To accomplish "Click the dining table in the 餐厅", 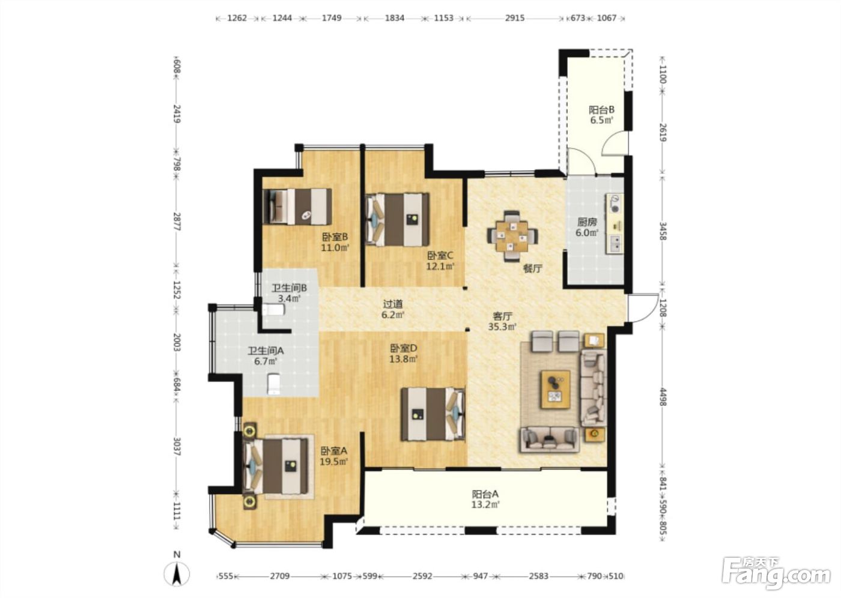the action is click(512, 236).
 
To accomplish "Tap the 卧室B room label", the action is click(335, 237).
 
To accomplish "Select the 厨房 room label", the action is click(587, 222).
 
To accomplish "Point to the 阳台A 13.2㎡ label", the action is click(485, 500).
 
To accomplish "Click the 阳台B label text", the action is click(601, 110).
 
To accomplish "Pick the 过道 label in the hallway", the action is click(393, 304).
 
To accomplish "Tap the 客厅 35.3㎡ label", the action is click(502, 321).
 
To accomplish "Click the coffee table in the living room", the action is click(555, 390).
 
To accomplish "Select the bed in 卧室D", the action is click(433, 414).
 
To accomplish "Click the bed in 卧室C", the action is click(398, 220).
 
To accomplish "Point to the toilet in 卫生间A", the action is click(274, 384).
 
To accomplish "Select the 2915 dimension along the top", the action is click(514, 18).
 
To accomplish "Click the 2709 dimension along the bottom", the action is click(280, 576).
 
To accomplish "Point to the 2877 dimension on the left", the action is click(177, 222).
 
